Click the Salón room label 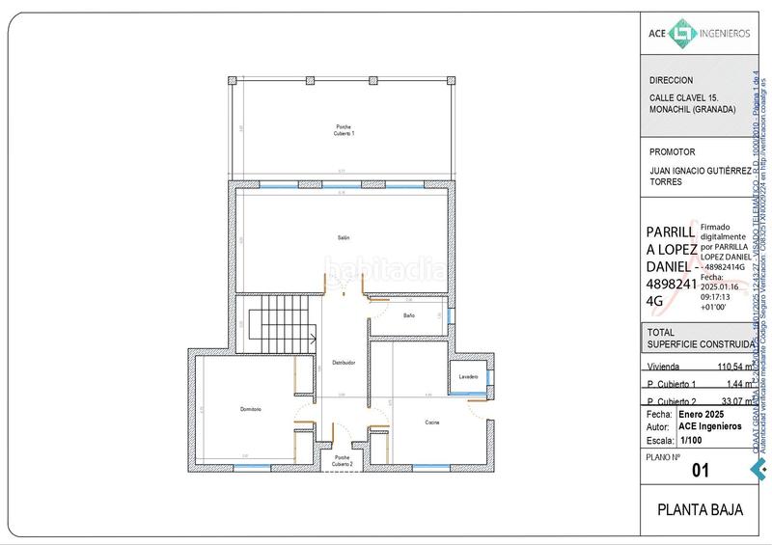(343, 237)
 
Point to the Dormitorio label (251, 410)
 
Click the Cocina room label (432, 422)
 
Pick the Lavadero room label (469, 375)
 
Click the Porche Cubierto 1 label (345, 130)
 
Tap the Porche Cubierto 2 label (344, 460)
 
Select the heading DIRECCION (672, 80)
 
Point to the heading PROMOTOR (673, 151)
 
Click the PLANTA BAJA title (700, 510)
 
